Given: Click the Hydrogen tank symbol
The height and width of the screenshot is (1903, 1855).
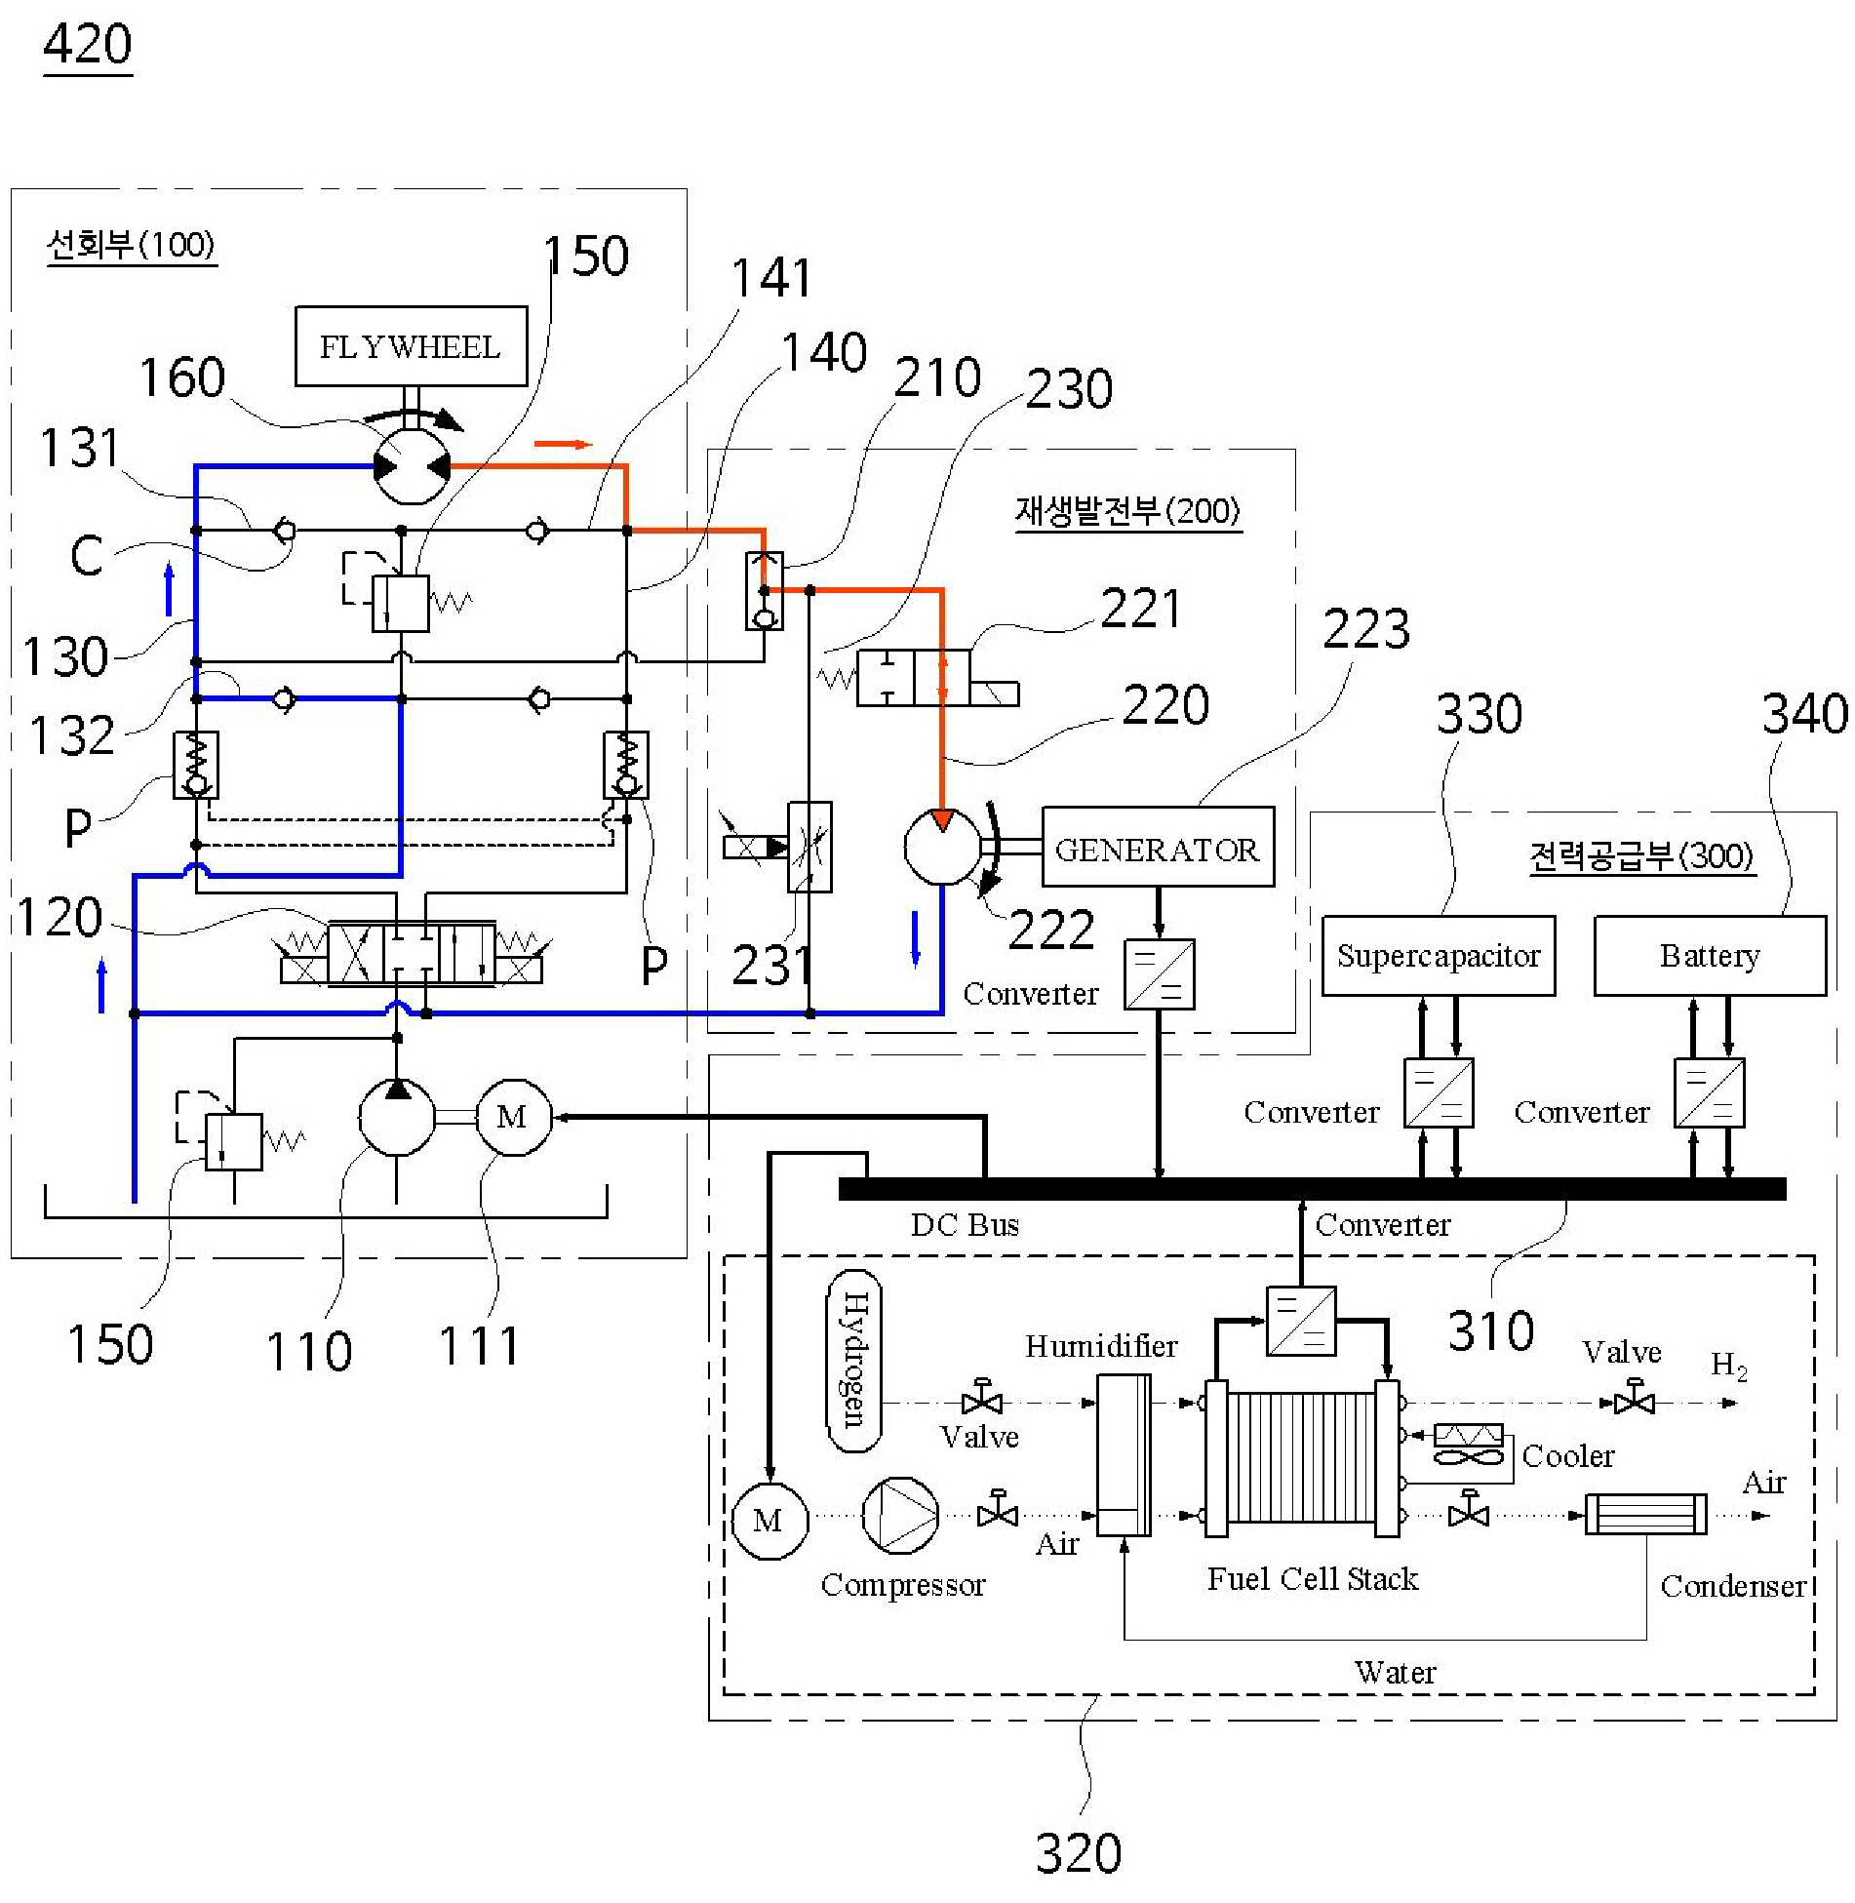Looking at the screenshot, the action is click(853, 1361).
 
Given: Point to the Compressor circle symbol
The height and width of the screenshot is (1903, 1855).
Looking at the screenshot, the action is click(900, 1515).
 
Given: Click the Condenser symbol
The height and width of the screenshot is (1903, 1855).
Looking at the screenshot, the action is click(1645, 1515).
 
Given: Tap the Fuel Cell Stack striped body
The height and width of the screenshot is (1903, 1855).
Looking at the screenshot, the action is click(1301, 1457).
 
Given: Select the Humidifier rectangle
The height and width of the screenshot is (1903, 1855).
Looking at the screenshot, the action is click(1124, 1454).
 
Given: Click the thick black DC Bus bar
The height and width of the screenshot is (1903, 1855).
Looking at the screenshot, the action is click(1312, 1188).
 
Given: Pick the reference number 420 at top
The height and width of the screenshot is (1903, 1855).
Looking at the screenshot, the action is click(88, 45).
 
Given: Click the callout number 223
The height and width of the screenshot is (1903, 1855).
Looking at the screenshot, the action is click(1366, 629).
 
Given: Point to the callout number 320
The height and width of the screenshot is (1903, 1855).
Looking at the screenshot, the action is click(1079, 1853).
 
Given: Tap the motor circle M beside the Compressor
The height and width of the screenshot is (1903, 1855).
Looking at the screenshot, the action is click(770, 1520).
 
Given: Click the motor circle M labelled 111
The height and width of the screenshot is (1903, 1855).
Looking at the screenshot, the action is click(513, 1117).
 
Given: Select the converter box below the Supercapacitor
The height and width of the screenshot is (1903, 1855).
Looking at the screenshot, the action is click(1438, 1092).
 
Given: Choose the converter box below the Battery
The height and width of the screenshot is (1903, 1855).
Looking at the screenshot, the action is click(1709, 1092).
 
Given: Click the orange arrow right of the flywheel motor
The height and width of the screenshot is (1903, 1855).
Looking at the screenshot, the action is click(563, 445).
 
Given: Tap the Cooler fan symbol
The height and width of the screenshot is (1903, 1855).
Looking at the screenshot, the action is click(1468, 1446).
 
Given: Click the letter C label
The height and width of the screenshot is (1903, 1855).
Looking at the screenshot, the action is click(87, 555).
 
